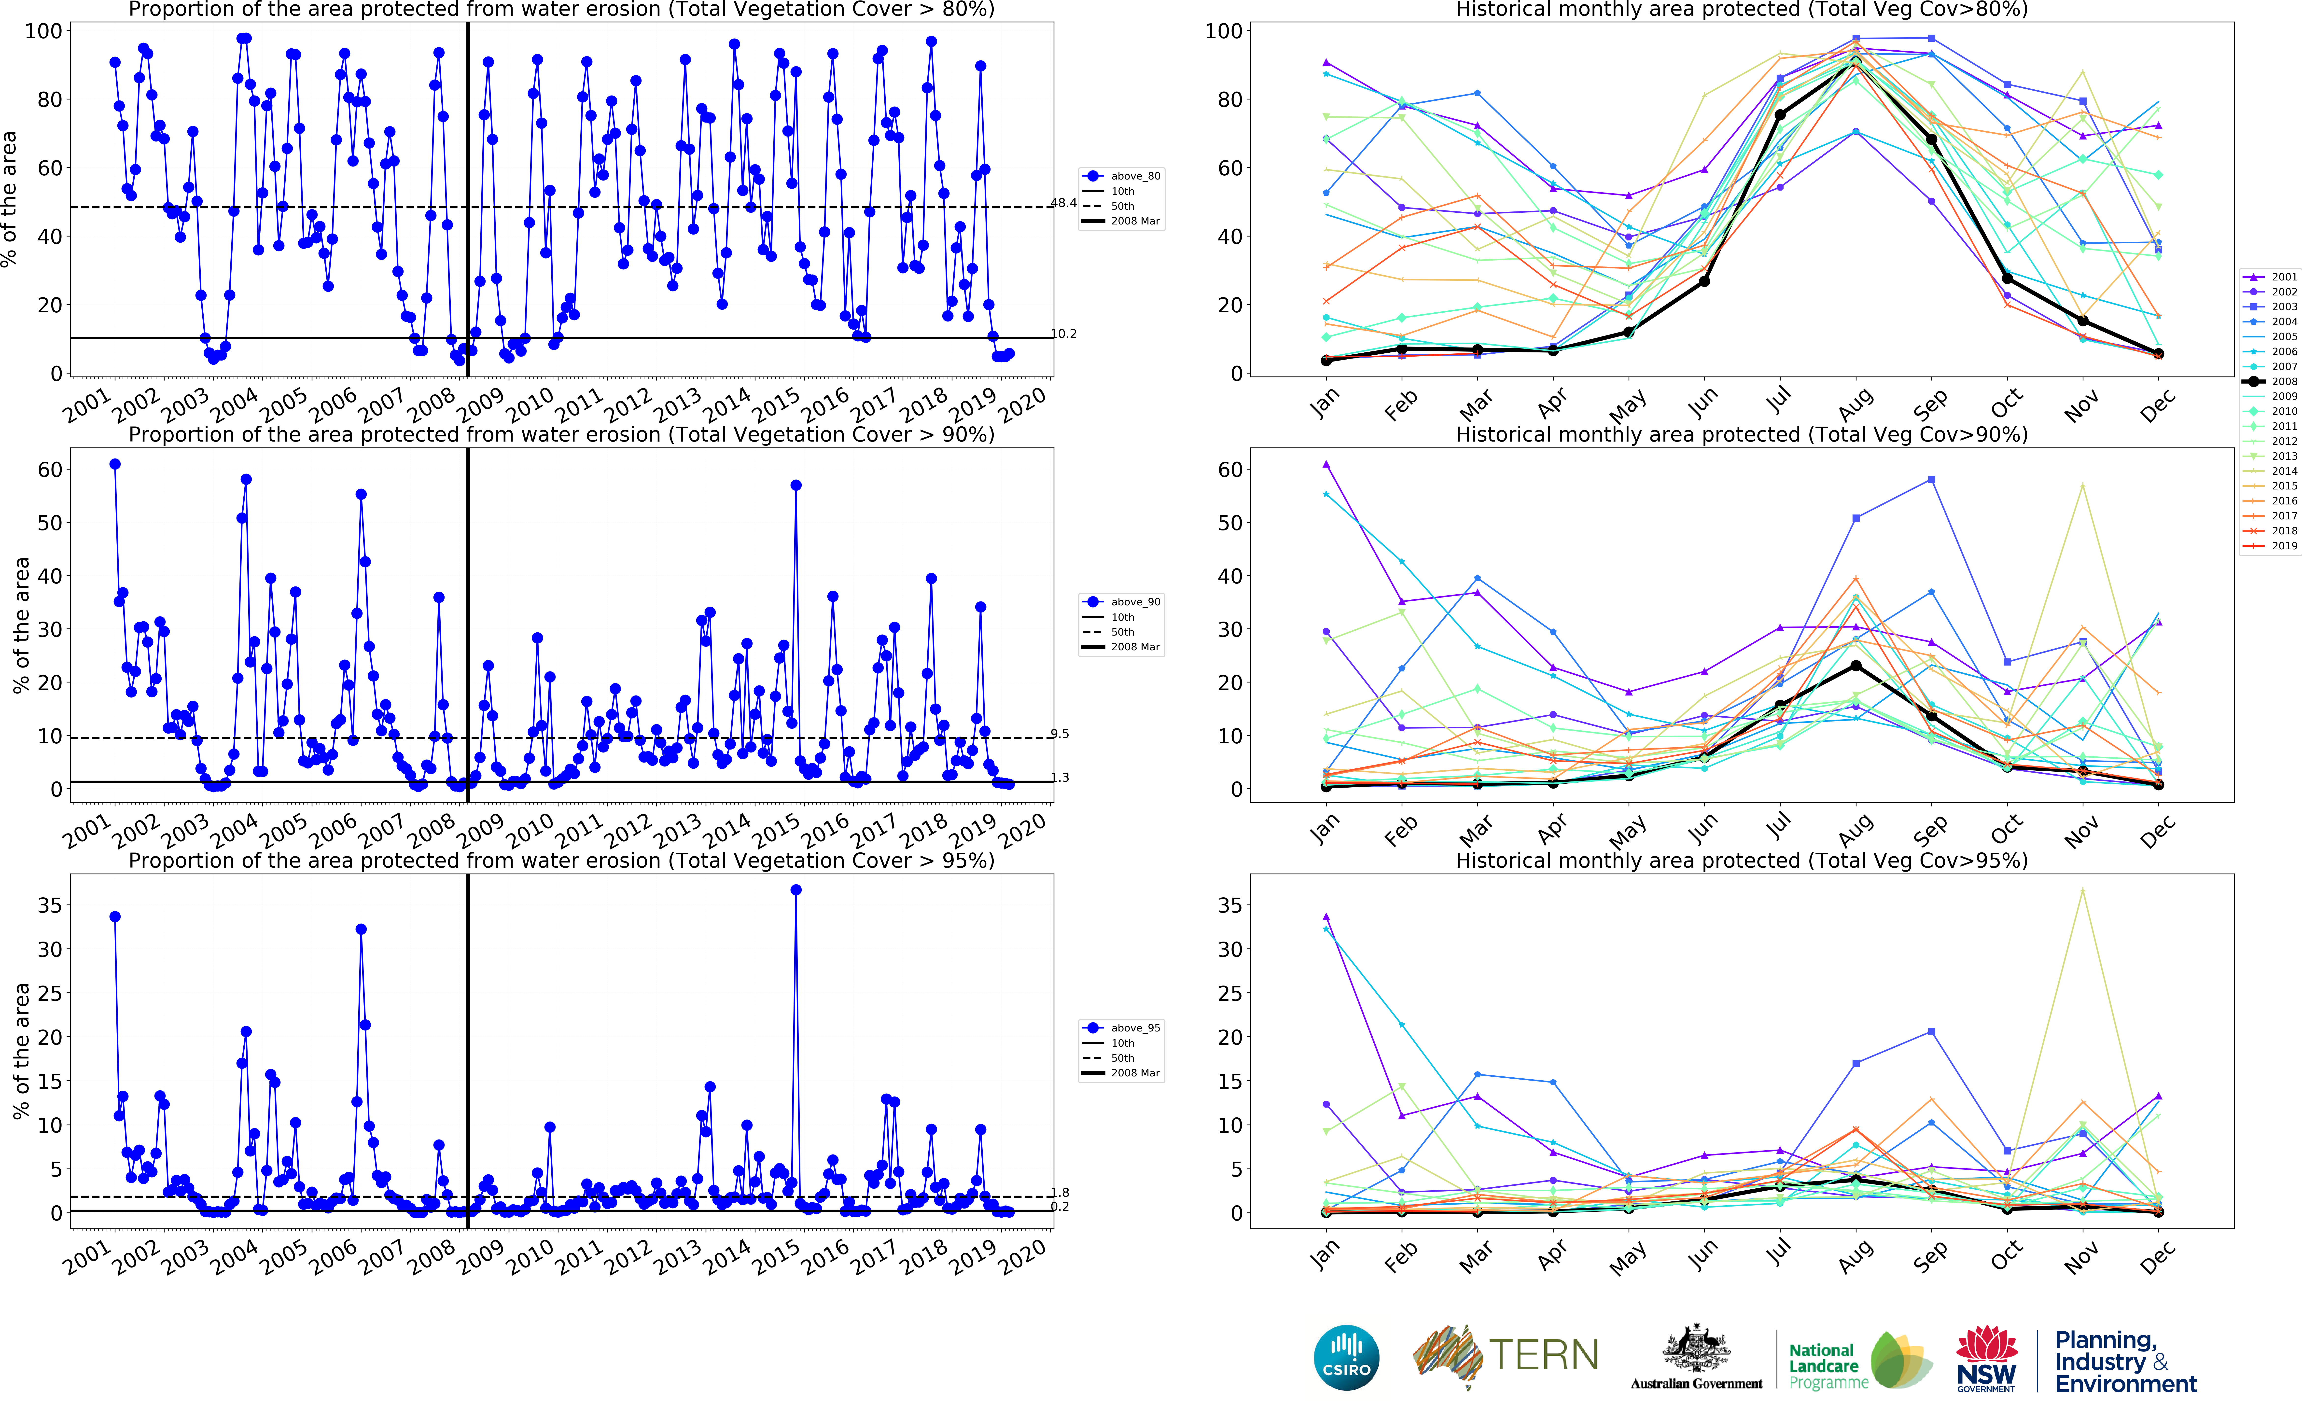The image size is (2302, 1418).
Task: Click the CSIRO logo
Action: click(x=1347, y=1357)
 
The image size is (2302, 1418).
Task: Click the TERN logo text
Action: click(x=1543, y=1355)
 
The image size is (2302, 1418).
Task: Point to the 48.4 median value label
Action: click(x=1063, y=203)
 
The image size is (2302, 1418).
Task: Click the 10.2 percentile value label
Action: click(x=1063, y=334)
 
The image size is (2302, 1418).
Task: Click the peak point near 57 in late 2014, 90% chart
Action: click(x=796, y=485)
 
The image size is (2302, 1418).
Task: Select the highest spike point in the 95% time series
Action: click(x=796, y=890)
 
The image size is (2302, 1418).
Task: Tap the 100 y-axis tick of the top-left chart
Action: click(x=43, y=31)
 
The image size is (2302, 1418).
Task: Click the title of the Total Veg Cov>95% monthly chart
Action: click(x=1741, y=860)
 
